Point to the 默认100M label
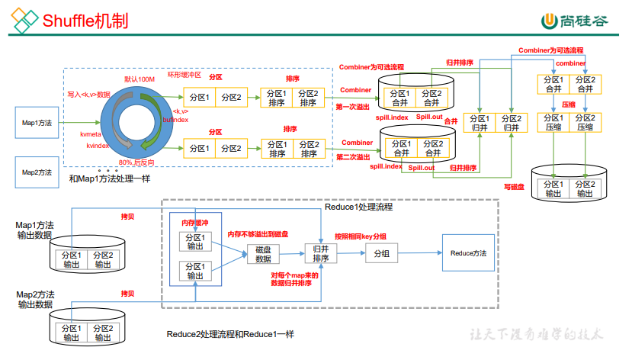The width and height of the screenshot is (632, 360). pyautogui.click(x=139, y=79)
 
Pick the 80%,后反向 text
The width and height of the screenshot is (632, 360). pyautogui.click(x=139, y=162)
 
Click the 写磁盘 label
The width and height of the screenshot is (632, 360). pyautogui.click(x=513, y=185)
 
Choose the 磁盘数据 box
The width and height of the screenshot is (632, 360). pyautogui.click(x=263, y=254)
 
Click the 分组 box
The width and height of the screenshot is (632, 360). pyautogui.click(x=381, y=254)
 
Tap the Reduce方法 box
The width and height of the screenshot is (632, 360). pyautogui.click(x=468, y=253)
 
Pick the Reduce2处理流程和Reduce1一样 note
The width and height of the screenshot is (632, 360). pyautogui.click(x=230, y=335)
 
